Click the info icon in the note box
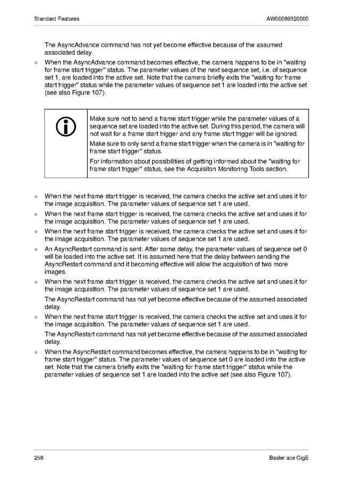pos(65,127)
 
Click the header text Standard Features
pos(56,19)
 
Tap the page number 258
pos(39,458)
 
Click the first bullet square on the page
pos(36,63)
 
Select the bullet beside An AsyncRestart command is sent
pos(36,249)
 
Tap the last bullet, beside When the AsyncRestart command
pos(36,352)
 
